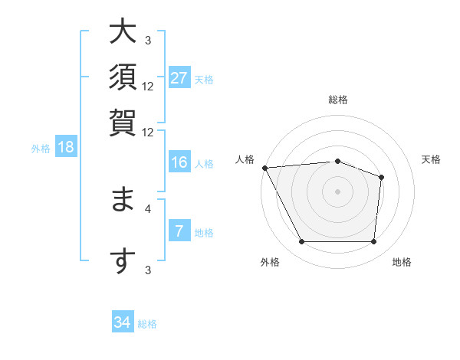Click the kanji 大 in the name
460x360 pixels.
pos(123,33)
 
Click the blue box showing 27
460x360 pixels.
pos(179,78)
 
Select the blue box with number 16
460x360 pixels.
pos(179,162)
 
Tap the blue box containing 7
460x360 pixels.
pos(179,231)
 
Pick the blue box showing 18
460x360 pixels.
pos(66,148)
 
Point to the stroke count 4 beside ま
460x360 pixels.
pos(148,207)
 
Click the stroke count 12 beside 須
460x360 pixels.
pos(148,86)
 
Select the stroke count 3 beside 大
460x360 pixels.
pos(148,40)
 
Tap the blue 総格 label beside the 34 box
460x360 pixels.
pos(147,324)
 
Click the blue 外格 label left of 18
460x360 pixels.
pos(41,149)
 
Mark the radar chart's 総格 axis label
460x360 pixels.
pos(337,100)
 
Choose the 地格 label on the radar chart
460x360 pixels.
pos(402,262)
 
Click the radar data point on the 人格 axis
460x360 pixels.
pos(265,168)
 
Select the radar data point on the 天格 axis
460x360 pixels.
pos(381,178)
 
